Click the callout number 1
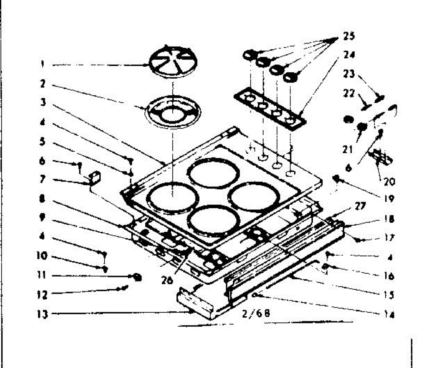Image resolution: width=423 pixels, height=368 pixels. click(42, 64)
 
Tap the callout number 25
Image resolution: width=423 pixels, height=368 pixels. click(349, 36)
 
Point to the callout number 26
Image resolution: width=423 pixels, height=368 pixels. click(167, 280)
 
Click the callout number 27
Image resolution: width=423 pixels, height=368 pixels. click(360, 206)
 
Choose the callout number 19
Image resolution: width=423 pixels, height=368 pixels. click(389, 198)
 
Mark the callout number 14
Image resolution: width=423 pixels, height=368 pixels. click(389, 314)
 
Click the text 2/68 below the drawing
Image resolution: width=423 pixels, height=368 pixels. click(256, 313)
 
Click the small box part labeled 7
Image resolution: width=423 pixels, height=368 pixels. click(95, 177)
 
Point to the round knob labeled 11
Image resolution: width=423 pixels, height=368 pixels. click(137, 277)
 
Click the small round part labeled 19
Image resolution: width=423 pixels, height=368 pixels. click(337, 178)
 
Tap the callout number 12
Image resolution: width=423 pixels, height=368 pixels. click(42, 294)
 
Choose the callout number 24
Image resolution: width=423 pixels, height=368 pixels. click(349, 55)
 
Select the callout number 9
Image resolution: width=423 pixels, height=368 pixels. click(42, 218)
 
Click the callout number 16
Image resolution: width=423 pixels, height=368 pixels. click(389, 275)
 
